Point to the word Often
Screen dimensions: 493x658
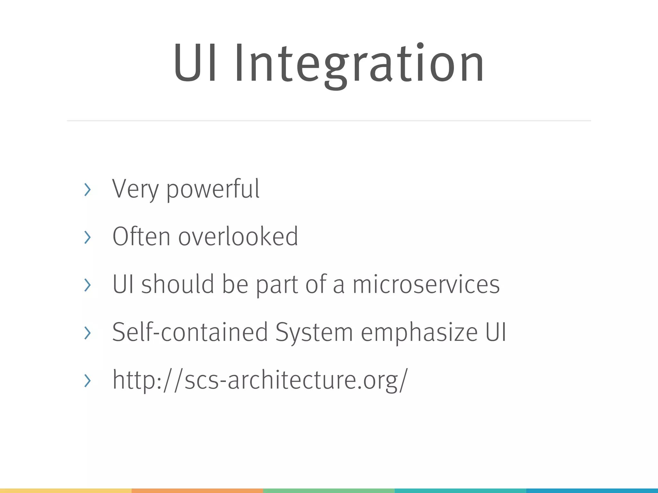click(141, 237)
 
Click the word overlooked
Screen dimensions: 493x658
click(238, 237)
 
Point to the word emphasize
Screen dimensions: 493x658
click(419, 333)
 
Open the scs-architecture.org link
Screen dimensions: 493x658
click(260, 380)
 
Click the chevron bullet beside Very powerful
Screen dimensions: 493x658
click(87, 189)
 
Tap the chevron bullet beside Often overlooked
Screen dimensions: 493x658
click(87, 237)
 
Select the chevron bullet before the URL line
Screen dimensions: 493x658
click(87, 381)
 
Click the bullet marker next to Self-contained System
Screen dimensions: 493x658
click(87, 333)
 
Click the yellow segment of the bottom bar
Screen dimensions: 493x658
click(66, 491)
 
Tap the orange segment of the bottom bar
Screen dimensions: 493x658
click(197, 491)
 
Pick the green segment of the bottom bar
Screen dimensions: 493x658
click(329, 491)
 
